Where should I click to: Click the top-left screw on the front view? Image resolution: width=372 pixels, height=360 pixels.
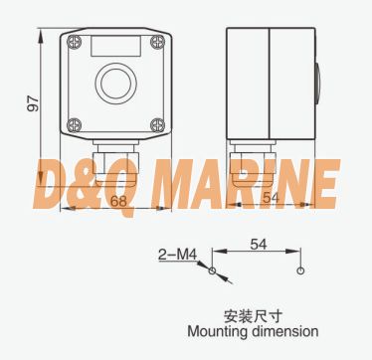point(75,42)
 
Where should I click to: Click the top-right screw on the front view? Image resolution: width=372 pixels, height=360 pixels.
point(157,42)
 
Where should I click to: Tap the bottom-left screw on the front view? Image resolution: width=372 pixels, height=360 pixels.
point(75,125)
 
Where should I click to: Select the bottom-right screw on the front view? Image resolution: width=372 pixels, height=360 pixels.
point(157,125)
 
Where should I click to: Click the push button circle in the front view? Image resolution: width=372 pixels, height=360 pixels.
point(116,83)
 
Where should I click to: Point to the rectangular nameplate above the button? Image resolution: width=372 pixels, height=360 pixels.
point(116,46)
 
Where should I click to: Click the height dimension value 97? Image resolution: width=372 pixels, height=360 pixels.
point(33,103)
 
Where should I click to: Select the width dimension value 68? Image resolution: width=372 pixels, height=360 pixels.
point(118,201)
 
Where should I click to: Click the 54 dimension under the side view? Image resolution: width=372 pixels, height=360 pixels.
point(272,198)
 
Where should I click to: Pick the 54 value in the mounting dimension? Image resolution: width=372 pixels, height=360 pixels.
point(259,245)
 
